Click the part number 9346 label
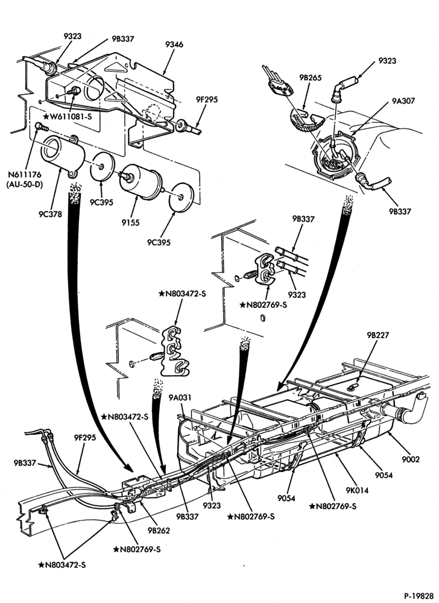click(174, 45)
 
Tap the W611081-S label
click(68, 116)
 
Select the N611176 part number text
click(24, 175)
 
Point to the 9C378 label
click(50, 215)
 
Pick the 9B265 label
click(311, 78)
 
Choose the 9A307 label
click(403, 101)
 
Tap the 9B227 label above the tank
click(378, 335)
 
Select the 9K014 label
click(357, 490)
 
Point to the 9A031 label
click(180, 397)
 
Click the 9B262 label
click(158, 530)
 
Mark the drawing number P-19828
click(418, 595)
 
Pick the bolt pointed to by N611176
click(42, 126)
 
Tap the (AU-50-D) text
click(24, 185)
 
